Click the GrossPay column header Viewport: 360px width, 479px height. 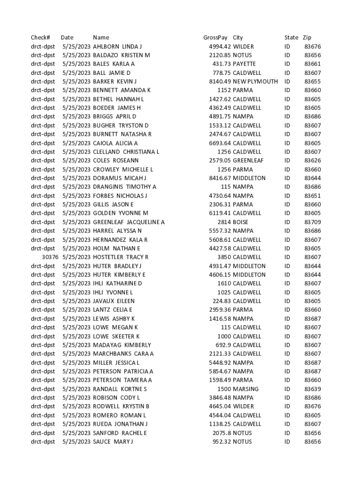pyautogui.click(x=215, y=37)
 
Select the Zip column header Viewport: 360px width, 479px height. pyautogui.click(x=307, y=37)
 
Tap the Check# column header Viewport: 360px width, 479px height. pyautogui.click(x=40, y=37)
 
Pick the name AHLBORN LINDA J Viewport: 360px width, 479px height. pyautogui.click(x=117, y=46)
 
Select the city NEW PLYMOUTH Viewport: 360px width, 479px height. pyautogui.click(x=255, y=81)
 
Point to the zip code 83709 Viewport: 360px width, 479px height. pyautogui.click(x=312, y=222)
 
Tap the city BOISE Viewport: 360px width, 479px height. pyautogui.click(x=241, y=222)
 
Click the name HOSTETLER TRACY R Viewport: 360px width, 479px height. pyautogui.click(x=121, y=257)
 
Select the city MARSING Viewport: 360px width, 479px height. pyautogui.click(x=245, y=389)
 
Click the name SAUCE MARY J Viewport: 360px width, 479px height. pyautogui.click(x=113, y=442)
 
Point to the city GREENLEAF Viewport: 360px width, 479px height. pyautogui.click(x=248, y=160)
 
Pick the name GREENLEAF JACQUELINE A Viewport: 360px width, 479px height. pyautogui.click(x=129, y=222)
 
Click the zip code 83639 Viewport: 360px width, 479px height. pyautogui.click(x=312, y=389)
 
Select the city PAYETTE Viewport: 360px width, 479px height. pyautogui.click(x=245, y=64)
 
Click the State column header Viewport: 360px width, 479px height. pyautogui.click(x=291, y=37)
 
